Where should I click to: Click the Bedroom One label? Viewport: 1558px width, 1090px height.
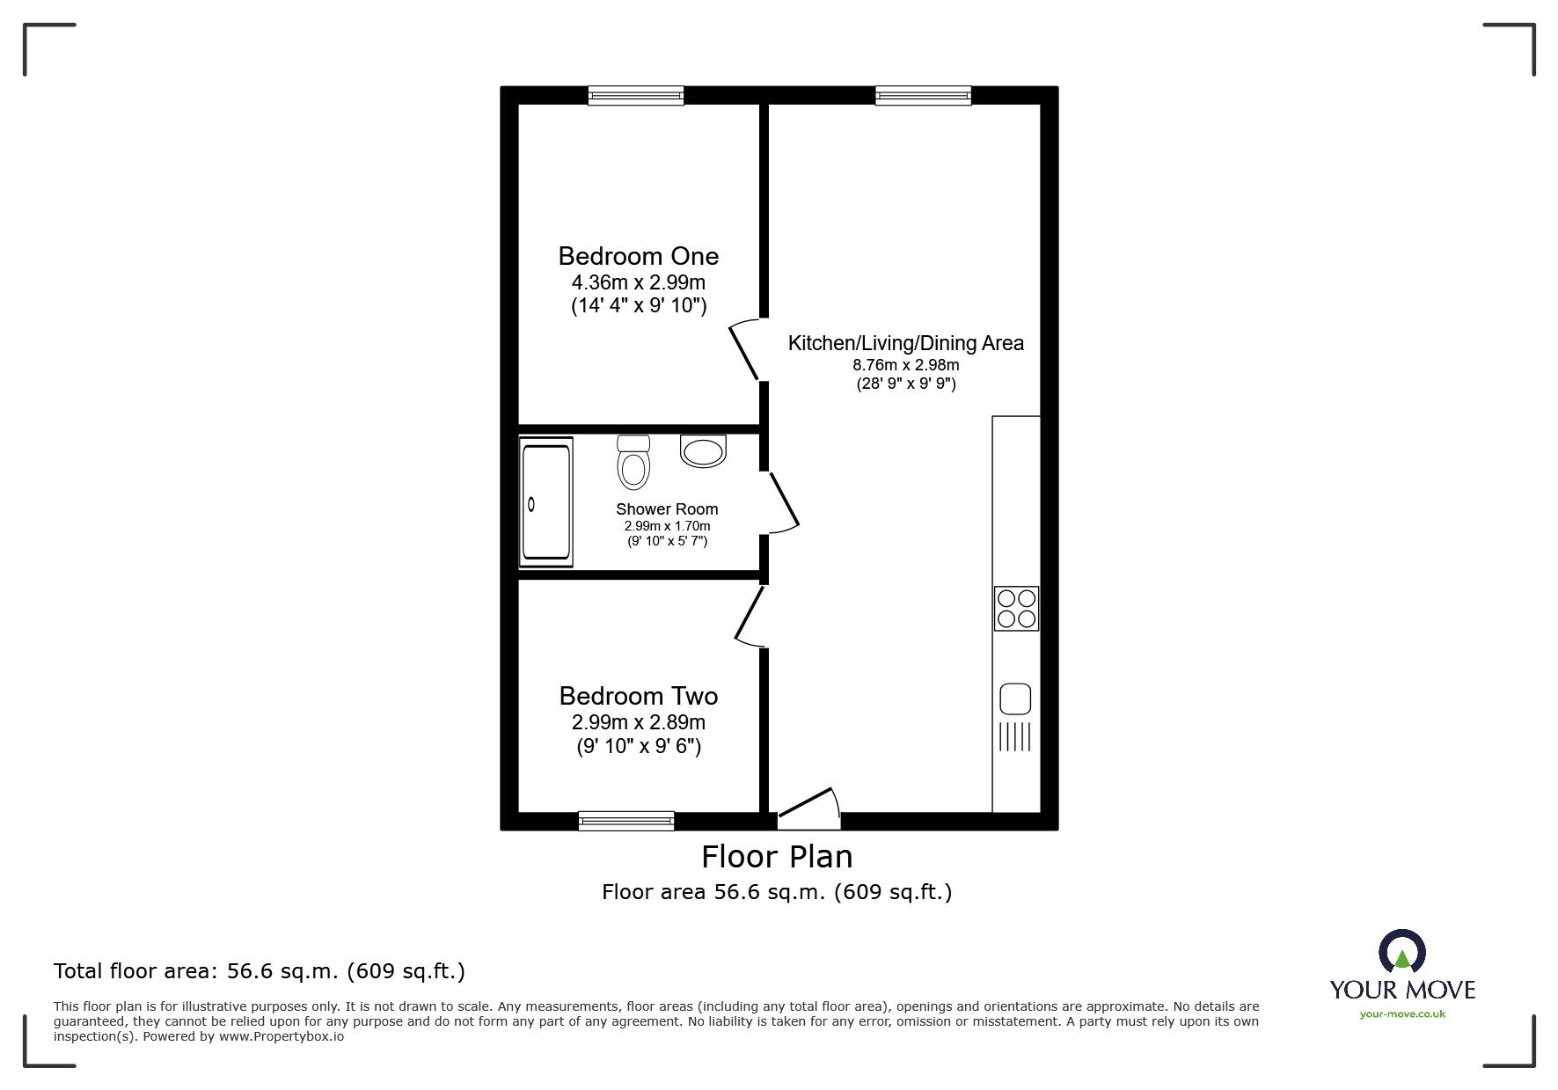tap(638, 256)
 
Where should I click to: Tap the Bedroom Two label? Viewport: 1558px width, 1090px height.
tap(638, 696)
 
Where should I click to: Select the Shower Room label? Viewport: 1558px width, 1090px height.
tap(667, 509)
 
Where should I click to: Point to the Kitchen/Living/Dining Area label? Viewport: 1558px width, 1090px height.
tap(905, 343)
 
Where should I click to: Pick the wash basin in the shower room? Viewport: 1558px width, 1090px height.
tap(703, 450)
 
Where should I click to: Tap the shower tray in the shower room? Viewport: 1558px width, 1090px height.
tap(546, 501)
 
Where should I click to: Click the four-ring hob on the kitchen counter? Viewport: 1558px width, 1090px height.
tap(1016, 608)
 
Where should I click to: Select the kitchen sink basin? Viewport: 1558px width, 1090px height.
tap(1015, 699)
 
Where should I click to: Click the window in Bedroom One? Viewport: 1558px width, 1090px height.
tap(636, 96)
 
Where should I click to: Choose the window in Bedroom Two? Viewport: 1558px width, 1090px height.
tap(626, 821)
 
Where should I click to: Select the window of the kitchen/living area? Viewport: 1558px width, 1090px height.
tap(924, 96)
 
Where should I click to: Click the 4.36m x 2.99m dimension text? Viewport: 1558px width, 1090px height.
tap(639, 282)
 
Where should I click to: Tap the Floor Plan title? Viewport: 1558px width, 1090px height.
tap(777, 856)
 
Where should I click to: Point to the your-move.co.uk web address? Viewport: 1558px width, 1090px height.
tap(1402, 1014)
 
